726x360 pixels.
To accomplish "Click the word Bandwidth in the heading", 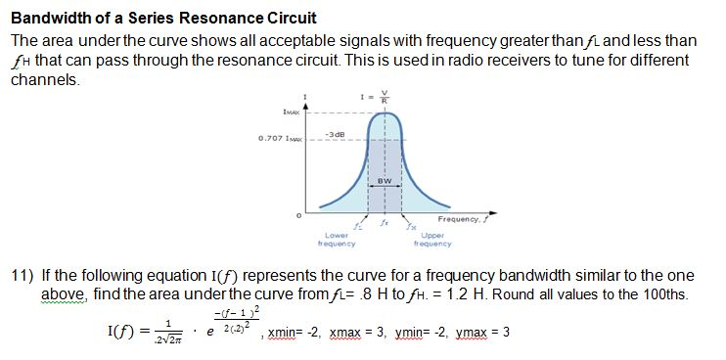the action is pos(47,19).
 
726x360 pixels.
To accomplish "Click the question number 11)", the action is pos(23,275).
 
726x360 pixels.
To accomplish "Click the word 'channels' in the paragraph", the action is pos(44,79).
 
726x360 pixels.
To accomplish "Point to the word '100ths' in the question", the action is pos(665,293).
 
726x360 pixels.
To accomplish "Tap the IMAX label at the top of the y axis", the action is pos(292,113).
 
